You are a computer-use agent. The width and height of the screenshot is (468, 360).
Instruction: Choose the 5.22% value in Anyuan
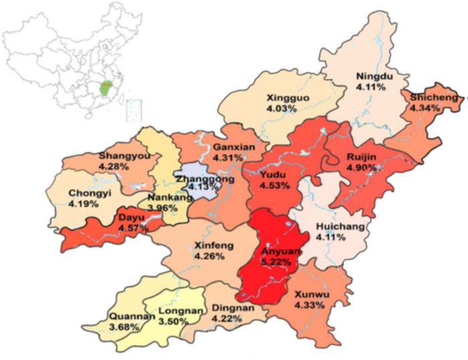[x=275, y=262]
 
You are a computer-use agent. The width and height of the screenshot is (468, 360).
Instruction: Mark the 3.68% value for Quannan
[x=124, y=327]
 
